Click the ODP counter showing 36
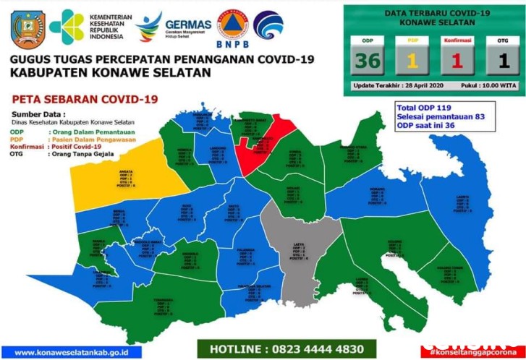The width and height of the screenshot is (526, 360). click(368, 61)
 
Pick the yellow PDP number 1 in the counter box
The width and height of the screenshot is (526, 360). click(411, 61)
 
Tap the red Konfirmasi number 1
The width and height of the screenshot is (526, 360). click(457, 61)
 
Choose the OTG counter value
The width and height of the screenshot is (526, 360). click(499, 61)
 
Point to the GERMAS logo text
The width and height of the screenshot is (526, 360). click(187, 24)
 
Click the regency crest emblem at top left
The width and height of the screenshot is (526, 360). click(28, 27)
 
